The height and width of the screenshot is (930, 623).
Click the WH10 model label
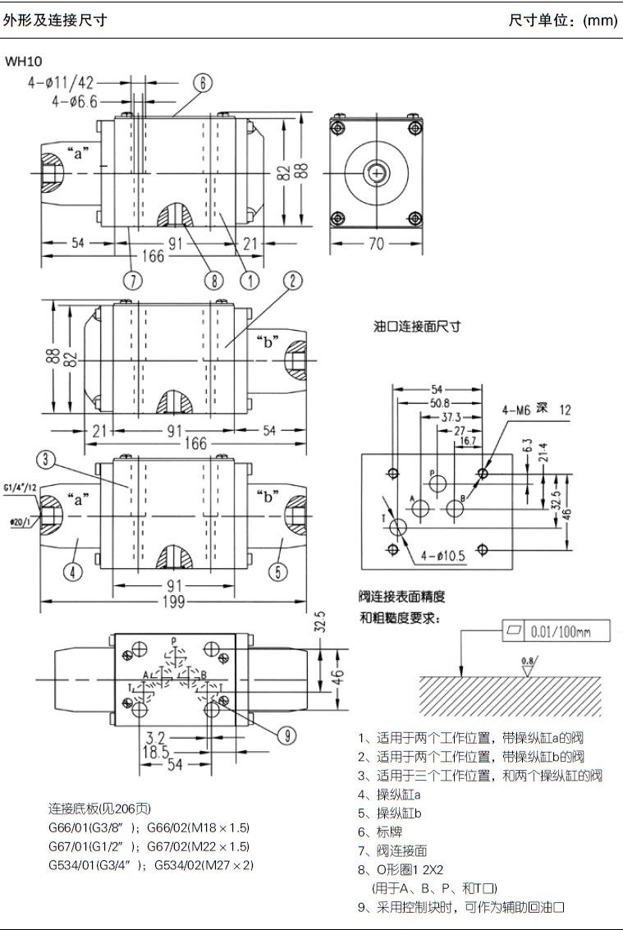point(23,61)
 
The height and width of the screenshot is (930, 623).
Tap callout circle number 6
point(203,83)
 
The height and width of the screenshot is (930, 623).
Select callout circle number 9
point(285,735)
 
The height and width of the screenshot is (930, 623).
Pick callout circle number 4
point(74,572)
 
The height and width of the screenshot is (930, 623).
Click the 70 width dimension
point(376,244)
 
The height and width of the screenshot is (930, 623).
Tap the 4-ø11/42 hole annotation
point(62,83)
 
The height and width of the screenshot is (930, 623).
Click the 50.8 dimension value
point(441,403)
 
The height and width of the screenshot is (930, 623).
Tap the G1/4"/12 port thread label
point(20,488)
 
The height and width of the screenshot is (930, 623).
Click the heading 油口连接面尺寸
point(417,326)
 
